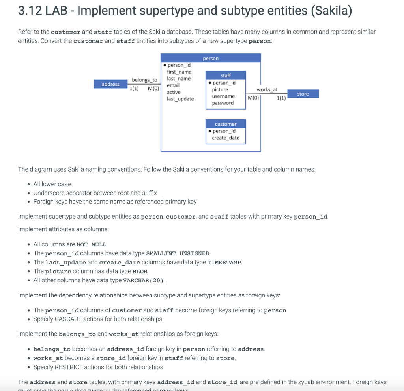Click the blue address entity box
[110, 84]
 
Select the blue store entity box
[303, 94]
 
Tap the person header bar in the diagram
[211, 58]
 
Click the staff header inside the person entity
[226, 75]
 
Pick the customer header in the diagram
[226, 124]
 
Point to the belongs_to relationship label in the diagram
[144, 80]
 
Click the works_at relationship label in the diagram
[267, 90]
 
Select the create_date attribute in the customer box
[225, 138]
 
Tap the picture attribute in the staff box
[220, 90]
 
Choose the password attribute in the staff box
[223, 103]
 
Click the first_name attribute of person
[179, 72]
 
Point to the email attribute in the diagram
[173, 85]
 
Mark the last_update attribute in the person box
[180, 99]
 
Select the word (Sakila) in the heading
[331, 11]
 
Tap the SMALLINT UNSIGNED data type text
[178, 253]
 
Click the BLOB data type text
[140, 272]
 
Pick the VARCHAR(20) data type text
[144, 281]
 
